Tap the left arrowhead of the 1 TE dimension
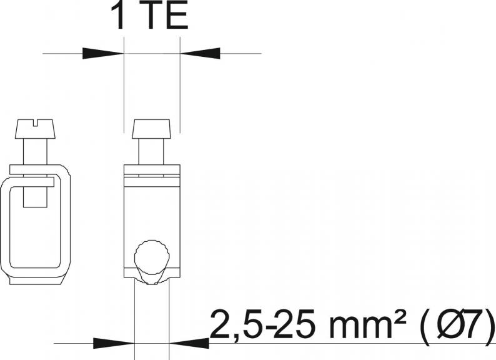[x=103, y=53]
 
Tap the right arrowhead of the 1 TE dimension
[x=200, y=53]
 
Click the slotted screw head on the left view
[x=36, y=129]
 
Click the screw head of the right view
[x=152, y=129]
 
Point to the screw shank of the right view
[x=152, y=152]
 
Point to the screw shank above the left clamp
[x=35, y=152]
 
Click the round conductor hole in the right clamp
[x=152, y=257]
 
